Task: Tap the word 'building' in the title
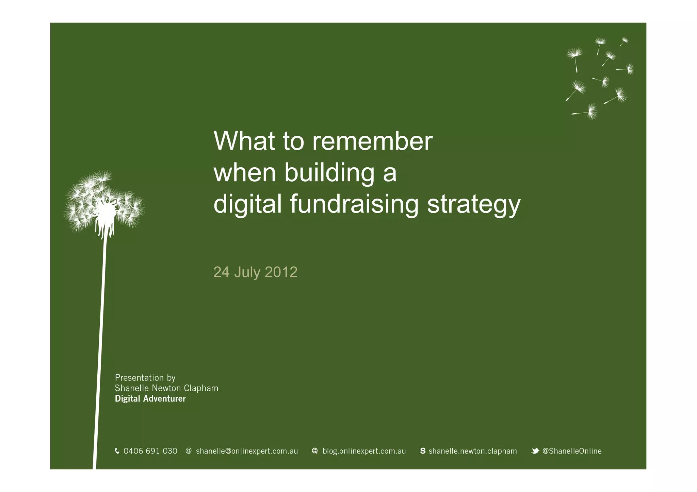coord(329,172)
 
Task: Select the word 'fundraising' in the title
coord(354,204)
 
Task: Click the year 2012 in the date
coord(281,272)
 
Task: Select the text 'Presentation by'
coord(145,378)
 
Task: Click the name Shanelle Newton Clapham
coord(166,388)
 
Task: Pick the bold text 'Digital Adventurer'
coord(150,399)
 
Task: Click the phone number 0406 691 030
coord(150,451)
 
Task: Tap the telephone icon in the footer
coord(117,451)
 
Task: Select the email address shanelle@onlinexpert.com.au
coord(247,451)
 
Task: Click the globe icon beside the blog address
coord(315,451)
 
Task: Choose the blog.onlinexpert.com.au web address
coord(364,451)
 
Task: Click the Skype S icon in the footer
coord(423,451)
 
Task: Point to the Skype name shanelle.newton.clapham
coord(472,451)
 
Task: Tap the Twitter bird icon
coord(535,451)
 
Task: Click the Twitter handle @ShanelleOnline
coord(572,451)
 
